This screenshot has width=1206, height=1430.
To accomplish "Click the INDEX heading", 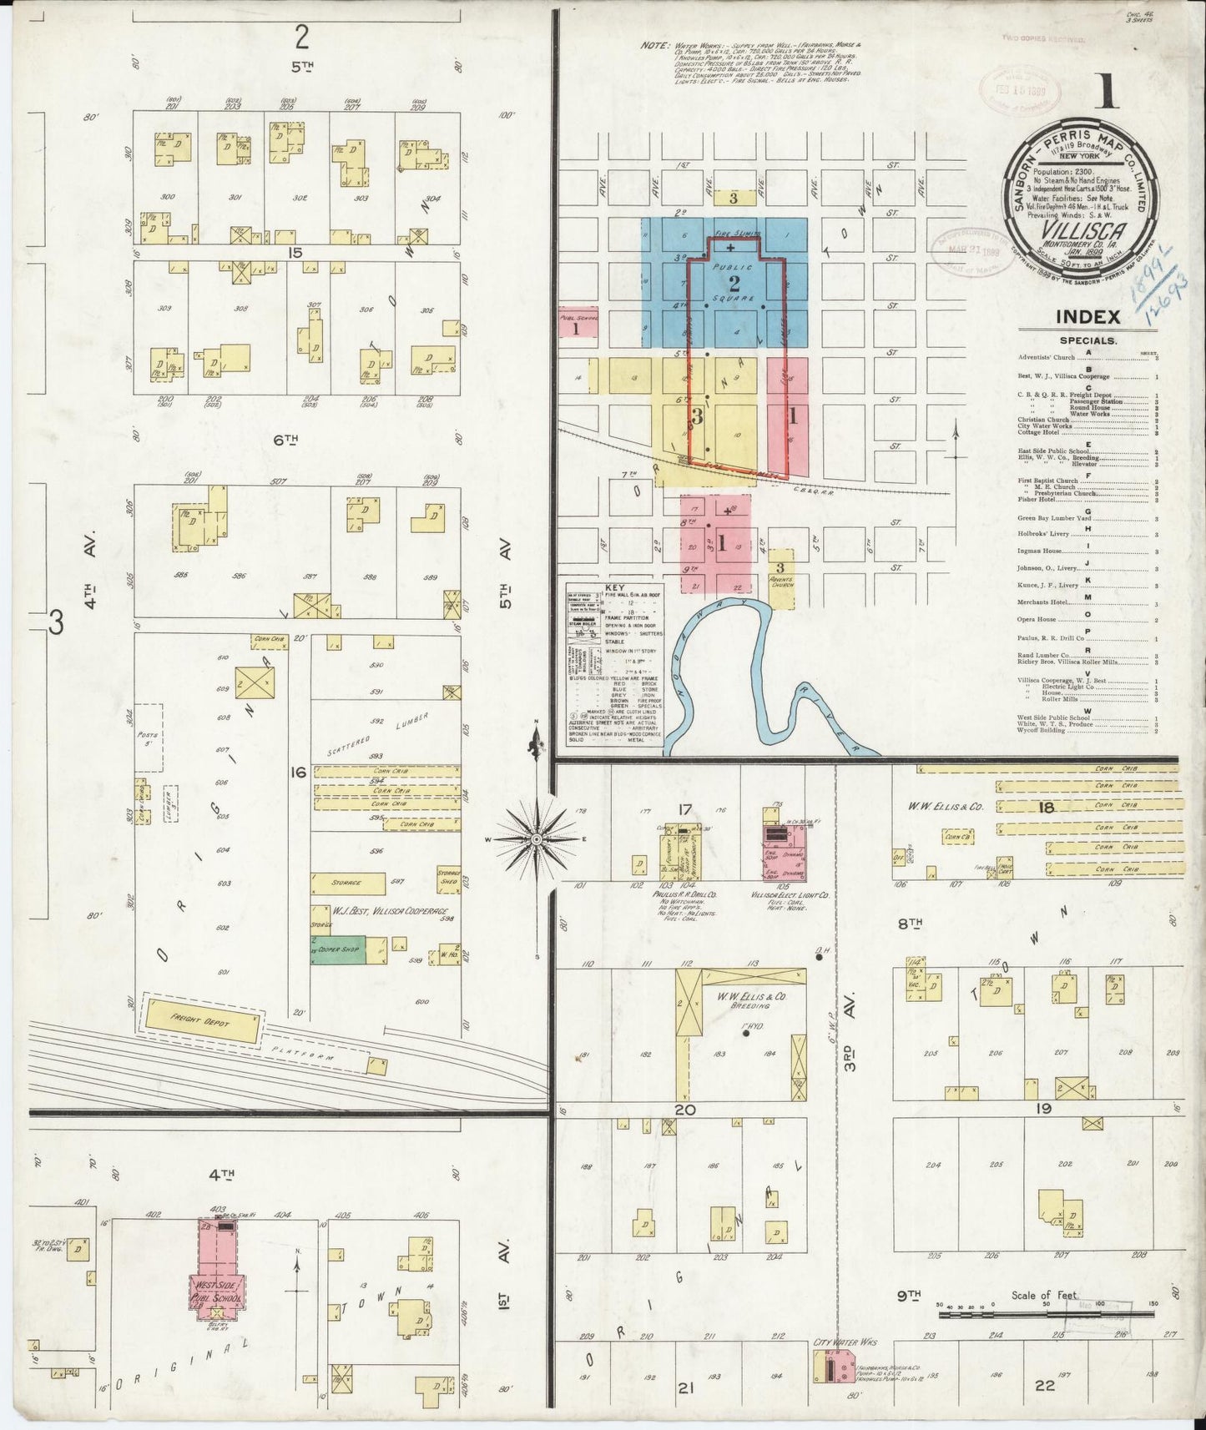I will click(x=1087, y=317).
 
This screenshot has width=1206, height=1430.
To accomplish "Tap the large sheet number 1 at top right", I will click(x=1107, y=92).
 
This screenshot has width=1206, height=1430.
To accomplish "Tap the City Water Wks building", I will click(x=835, y=1367).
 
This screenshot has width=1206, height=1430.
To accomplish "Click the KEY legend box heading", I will click(x=613, y=587).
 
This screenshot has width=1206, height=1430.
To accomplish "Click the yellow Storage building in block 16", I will click(x=347, y=883).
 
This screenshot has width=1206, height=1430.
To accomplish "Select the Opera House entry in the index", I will click(x=1037, y=620).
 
